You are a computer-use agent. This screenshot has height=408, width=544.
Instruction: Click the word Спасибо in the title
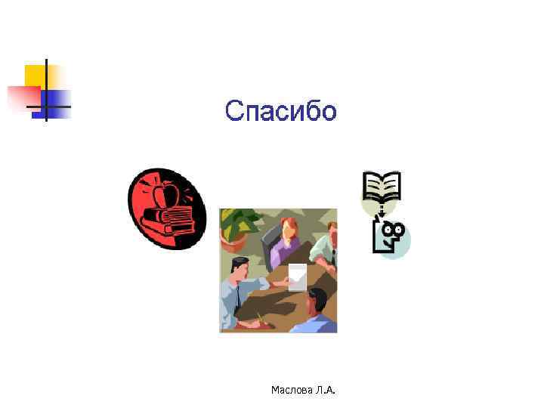coord(280,112)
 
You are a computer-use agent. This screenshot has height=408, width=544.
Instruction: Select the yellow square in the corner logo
coord(35,76)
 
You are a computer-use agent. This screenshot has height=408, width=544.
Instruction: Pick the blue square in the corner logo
coord(57,100)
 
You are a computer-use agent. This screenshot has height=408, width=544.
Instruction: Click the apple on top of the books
coord(165,196)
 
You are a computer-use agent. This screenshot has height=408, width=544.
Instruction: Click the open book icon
coord(382,184)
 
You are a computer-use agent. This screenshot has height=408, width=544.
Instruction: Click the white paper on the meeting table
coord(298,276)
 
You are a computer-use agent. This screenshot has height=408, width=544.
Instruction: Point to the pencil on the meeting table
coord(261,319)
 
